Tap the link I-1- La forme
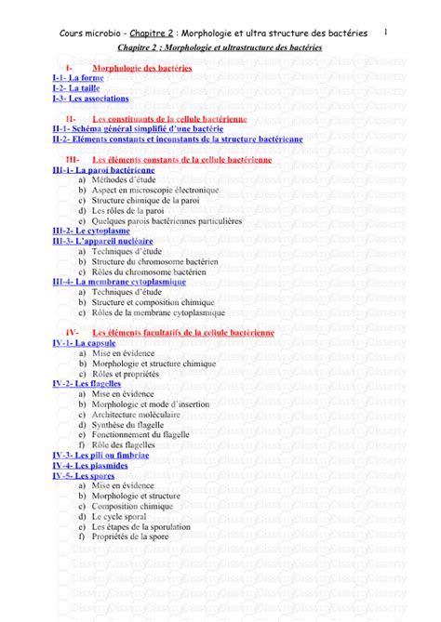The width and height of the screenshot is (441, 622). tap(78, 78)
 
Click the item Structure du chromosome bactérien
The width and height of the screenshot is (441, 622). tap(154, 261)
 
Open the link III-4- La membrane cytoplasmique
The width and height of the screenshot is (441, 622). tap(119, 281)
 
